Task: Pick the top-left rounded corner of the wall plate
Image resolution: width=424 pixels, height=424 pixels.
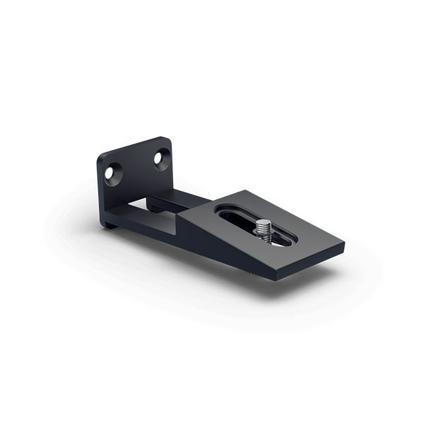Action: [x=101, y=155]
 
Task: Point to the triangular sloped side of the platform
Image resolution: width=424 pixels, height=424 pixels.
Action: [x=212, y=237]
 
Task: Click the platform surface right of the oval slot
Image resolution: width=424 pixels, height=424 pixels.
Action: [x=304, y=230]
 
